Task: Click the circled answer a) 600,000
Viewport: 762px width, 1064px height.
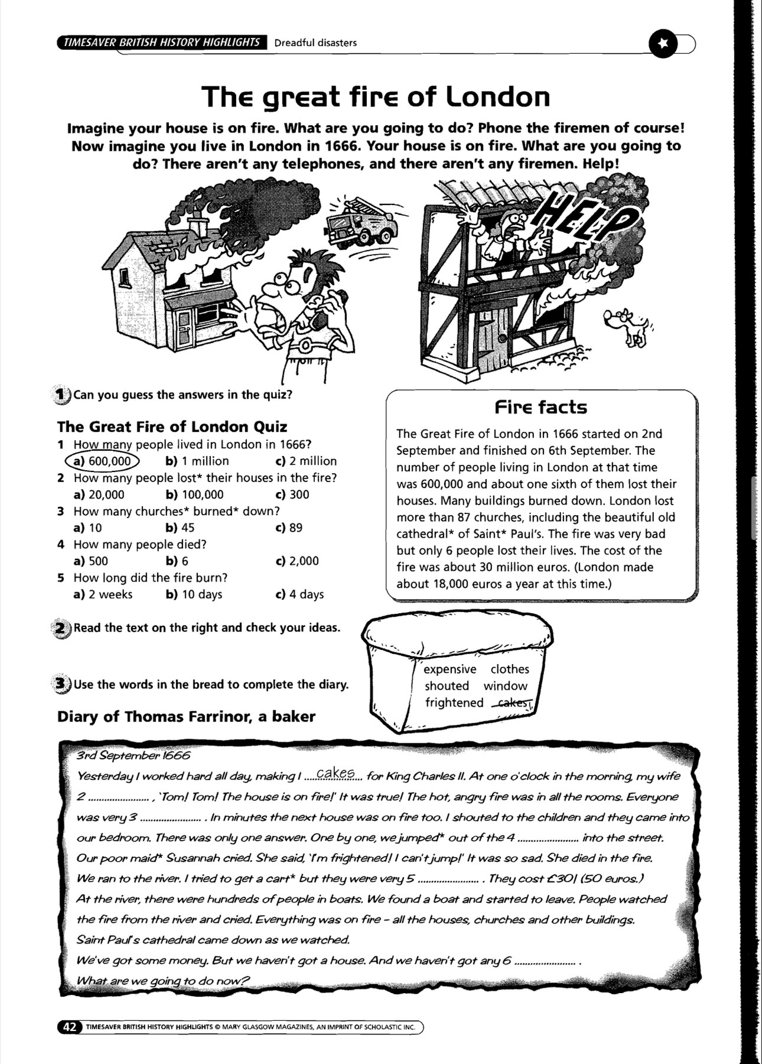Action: coord(102,461)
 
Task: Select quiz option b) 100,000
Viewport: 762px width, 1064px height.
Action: coord(194,494)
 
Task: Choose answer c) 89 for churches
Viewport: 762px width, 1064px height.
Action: coord(289,528)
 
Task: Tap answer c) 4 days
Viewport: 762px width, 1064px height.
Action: coord(299,594)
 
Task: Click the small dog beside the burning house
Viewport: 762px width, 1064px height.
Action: coord(627,327)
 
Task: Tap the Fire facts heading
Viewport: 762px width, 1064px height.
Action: coord(541,407)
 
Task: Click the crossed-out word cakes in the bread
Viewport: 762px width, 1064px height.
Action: coord(514,702)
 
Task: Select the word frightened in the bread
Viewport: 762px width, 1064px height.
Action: coord(454,702)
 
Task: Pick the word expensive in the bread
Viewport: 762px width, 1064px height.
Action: coord(450,669)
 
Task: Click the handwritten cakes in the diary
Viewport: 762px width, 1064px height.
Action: coord(336,773)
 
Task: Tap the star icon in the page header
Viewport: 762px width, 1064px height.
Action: coord(663,44)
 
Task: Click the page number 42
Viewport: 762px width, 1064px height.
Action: coord(69,1027)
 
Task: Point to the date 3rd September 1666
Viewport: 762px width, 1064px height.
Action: coord(133,756)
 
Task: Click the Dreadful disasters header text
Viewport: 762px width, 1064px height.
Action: coord(315,43)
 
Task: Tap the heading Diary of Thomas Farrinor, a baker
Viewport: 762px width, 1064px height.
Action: coord(186,717)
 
